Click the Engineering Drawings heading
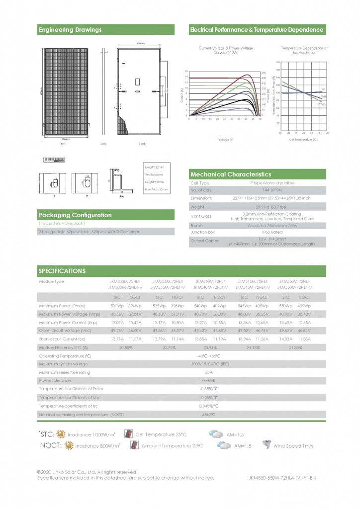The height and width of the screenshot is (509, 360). pyautogui.click(x=70, y=30)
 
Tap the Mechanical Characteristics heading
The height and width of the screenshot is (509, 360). pyautogui.click(x=231, y=174)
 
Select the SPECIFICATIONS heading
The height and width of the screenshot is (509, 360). pyautogui.click(x=62, y=271)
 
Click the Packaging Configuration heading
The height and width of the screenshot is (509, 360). pyautogui.click(x=75, y=215)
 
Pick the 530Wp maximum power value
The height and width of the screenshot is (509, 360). pyautogui.click(x=117, y=306)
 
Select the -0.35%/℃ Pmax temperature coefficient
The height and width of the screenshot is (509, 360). pyautogui.click(x=209, y=389)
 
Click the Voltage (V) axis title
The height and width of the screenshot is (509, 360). pyautogui.click(x=226, y=140)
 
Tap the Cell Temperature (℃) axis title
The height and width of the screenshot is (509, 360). pyautogui.click(x=303, y=140)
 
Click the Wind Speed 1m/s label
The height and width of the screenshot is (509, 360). pyautogui.click(x=293, y=446)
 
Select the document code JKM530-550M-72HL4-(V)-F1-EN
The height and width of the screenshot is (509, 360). pyautogui.click(x=282, y=478)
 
